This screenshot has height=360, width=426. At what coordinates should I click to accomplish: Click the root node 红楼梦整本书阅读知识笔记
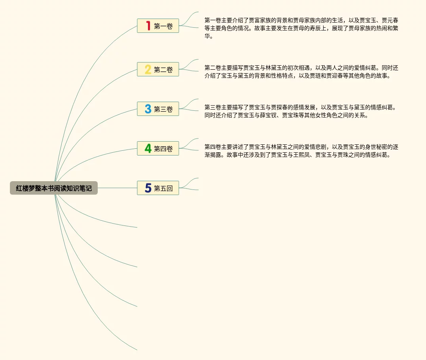(54, 188)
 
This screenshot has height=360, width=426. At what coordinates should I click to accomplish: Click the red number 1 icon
(148, 26)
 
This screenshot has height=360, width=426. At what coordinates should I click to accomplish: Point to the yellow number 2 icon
(148, 70)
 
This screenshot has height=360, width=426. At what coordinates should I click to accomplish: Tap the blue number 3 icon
(148, 109)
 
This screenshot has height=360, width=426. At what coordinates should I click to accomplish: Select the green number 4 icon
(148, 149)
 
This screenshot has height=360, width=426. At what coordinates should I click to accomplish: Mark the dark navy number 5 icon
(148, 188)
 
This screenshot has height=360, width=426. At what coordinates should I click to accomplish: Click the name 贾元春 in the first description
(390, 20)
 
